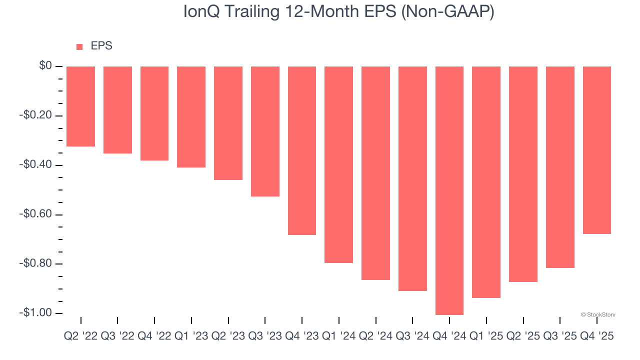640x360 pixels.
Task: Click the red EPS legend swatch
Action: pyautogui.click(x=79, y=46)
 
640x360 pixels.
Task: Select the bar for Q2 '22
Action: pyautogui.click(x=80, y=106)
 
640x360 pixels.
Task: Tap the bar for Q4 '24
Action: pyautogui.click(x=449, y=190)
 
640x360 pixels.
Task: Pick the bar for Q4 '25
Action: pyautogui.click(x=597, y=150)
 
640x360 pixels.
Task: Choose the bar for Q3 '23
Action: pyautogui.click(x=265, y=131)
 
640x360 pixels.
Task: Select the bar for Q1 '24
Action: pyautogui.click(x=339, y=164)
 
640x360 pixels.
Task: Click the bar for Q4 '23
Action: pyautogui.click(x=302, y=150)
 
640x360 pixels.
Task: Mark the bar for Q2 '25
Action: pyautogui.click(x=523, y=174)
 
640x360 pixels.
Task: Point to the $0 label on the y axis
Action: pyautogui.click(x=45, y=66)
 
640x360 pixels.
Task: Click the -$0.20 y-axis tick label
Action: pyautogui.click(x=35, y=115)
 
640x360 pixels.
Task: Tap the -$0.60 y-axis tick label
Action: pyautogui.click(x=35, y=214)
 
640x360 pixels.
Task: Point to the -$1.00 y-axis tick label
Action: pyautogui.click(x=35, y=313)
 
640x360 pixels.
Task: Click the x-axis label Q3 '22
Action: pyautogui.click(x=117, y=336)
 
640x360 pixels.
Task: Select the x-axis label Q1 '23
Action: pyautogui.click(x=191, y=336)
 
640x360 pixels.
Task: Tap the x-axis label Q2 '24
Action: pyautogui.click(x=376, y=336)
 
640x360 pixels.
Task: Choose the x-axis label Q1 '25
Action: pyautogui.click(x=486, y=336)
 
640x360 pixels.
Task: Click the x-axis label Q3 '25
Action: pyautogui.click(x=560, y=336)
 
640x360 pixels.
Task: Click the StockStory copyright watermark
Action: pyautogui.click(x=598, y=315)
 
